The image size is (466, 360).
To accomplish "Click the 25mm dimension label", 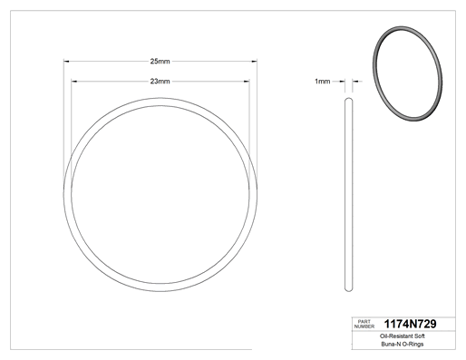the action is (x=160, y=62).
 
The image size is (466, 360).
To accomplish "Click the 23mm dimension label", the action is (x=160, y=82).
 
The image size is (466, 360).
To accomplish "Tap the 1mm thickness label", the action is (x=323, y=82).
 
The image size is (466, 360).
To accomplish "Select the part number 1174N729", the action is (x=410, y=324).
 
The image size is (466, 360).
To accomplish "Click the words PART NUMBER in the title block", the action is (x=364, y=324).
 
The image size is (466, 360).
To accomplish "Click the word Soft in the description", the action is (x=418, y=336).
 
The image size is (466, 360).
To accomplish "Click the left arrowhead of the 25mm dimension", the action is (x=66, y=62).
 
